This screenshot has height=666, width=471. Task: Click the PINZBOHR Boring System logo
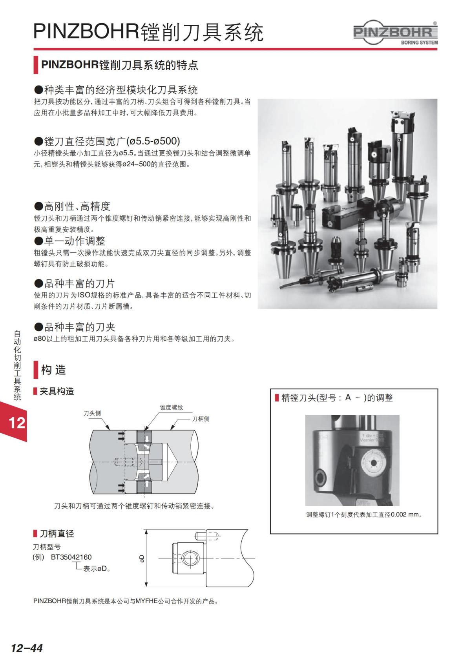click(x=396, y=33)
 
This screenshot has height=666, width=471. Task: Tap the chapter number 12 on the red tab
click(x=16, y=423)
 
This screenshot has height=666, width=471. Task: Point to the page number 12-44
click(x=27, y=648)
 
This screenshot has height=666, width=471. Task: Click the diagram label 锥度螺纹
click(x=171, y=407)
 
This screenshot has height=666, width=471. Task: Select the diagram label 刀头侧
click(x=92, y=413)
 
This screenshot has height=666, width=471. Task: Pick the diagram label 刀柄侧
click(x=201, y=419)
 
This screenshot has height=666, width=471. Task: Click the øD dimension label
click(x=142, y=558)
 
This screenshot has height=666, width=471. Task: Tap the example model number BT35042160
click(x=71, y=557)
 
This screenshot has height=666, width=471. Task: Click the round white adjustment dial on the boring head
click(x=372, y=463)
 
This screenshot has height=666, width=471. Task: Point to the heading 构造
click(x=53, y=370)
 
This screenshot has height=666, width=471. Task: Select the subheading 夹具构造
click(x=57, y=391)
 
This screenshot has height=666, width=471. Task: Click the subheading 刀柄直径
click(x=57, y=533)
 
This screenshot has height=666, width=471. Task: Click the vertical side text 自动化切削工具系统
click(x=17, y=365)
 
